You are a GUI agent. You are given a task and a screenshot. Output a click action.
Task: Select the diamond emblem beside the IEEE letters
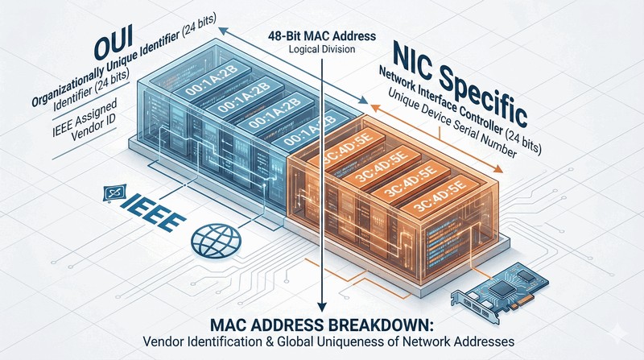pyautogui.click(x=112, y=193)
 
